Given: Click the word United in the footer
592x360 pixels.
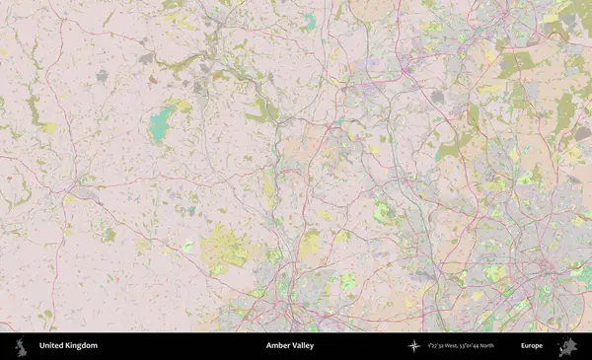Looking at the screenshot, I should pyautogui.click(x=51, y=346).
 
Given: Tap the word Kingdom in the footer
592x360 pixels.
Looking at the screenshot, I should pyautogui.click(x=81, y=346).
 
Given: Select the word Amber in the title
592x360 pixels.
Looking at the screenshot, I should pyautogui.click(x=278, y=346).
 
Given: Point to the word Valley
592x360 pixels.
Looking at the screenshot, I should pyautogui.click(x=306, y=346).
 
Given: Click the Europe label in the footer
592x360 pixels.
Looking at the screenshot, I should pyautogui.click(x=532, y=346).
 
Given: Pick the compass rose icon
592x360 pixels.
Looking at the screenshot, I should pyautogui.click(x=414, y=346).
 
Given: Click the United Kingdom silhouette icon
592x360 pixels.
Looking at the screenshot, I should pyautogui.click(x=20, y=346).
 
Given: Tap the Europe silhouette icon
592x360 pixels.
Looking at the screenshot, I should pyautogui.click(x=567, y=346).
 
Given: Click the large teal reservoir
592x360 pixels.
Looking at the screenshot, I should pyautogui.click(x=159, y=125).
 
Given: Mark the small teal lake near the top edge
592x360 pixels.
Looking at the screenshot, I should pyautogui.click(x=310, y=20).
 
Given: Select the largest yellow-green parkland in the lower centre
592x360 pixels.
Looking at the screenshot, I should pyautogui.click(x=226, y=249).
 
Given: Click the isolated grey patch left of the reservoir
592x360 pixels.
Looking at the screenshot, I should pyautogui.click(x=102, y=75).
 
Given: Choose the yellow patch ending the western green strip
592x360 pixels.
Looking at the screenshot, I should pyautogui.click(x=48, y=128).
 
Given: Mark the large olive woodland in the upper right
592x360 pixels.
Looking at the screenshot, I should pyautogui.click(x=514, y=65).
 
